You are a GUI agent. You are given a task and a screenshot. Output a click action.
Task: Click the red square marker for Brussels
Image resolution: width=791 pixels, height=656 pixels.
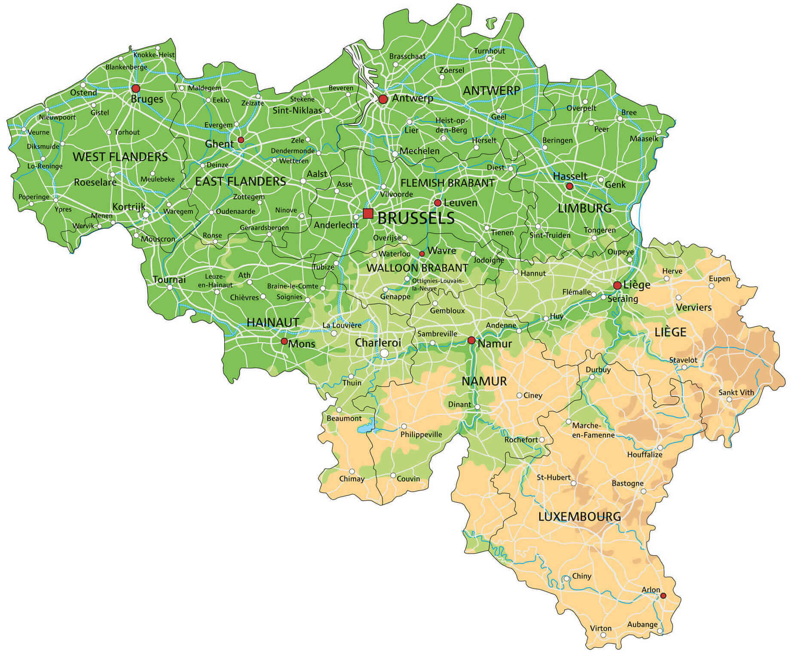click(368, 213)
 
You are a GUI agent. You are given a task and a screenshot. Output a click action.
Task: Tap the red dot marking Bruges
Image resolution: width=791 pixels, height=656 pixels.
click(136, 89)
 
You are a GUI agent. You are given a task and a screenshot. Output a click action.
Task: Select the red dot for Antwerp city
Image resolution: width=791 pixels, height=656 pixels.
click(383, 99)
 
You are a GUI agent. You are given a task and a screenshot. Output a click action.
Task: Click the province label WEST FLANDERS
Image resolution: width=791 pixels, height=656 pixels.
click(120, 157)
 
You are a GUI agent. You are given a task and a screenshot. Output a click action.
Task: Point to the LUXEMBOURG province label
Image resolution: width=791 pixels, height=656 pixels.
click(580, 517)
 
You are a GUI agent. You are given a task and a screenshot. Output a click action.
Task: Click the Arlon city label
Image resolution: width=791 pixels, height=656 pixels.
click(651, 590)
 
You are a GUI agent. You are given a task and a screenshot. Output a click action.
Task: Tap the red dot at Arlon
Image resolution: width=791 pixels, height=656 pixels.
click(663, 596)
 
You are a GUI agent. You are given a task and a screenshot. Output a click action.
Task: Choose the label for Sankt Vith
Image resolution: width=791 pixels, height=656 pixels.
click(736, 392)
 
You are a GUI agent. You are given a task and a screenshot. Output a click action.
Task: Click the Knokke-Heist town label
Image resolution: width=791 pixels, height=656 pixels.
click(154, 55)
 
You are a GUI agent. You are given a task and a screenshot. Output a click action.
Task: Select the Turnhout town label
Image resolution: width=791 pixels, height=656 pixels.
click(489, 51)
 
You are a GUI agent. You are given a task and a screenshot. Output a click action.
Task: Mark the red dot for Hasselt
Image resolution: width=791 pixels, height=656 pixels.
click(569, 186)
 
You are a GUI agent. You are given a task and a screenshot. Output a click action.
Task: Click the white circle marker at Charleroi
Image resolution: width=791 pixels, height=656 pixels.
click(384, 353)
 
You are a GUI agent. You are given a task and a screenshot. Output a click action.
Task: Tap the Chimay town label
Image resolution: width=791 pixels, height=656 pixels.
click(351, 479)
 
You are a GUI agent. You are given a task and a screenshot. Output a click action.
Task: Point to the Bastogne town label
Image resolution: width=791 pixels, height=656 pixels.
click(627, 484)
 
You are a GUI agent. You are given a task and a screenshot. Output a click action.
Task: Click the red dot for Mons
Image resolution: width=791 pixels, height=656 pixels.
click(284, 341)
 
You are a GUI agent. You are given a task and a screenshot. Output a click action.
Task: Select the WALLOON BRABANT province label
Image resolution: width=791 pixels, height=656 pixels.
click(417, 268)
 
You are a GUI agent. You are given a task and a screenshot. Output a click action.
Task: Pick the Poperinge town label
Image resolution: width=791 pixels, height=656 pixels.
click(34, 197)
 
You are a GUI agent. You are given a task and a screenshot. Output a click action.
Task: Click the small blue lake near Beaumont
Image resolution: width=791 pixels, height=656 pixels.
click(366, 429)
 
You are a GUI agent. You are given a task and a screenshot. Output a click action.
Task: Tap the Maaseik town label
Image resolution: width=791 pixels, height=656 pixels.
click(644, 139)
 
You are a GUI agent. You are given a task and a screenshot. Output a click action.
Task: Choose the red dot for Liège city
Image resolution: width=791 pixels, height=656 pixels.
click(617, 285)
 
